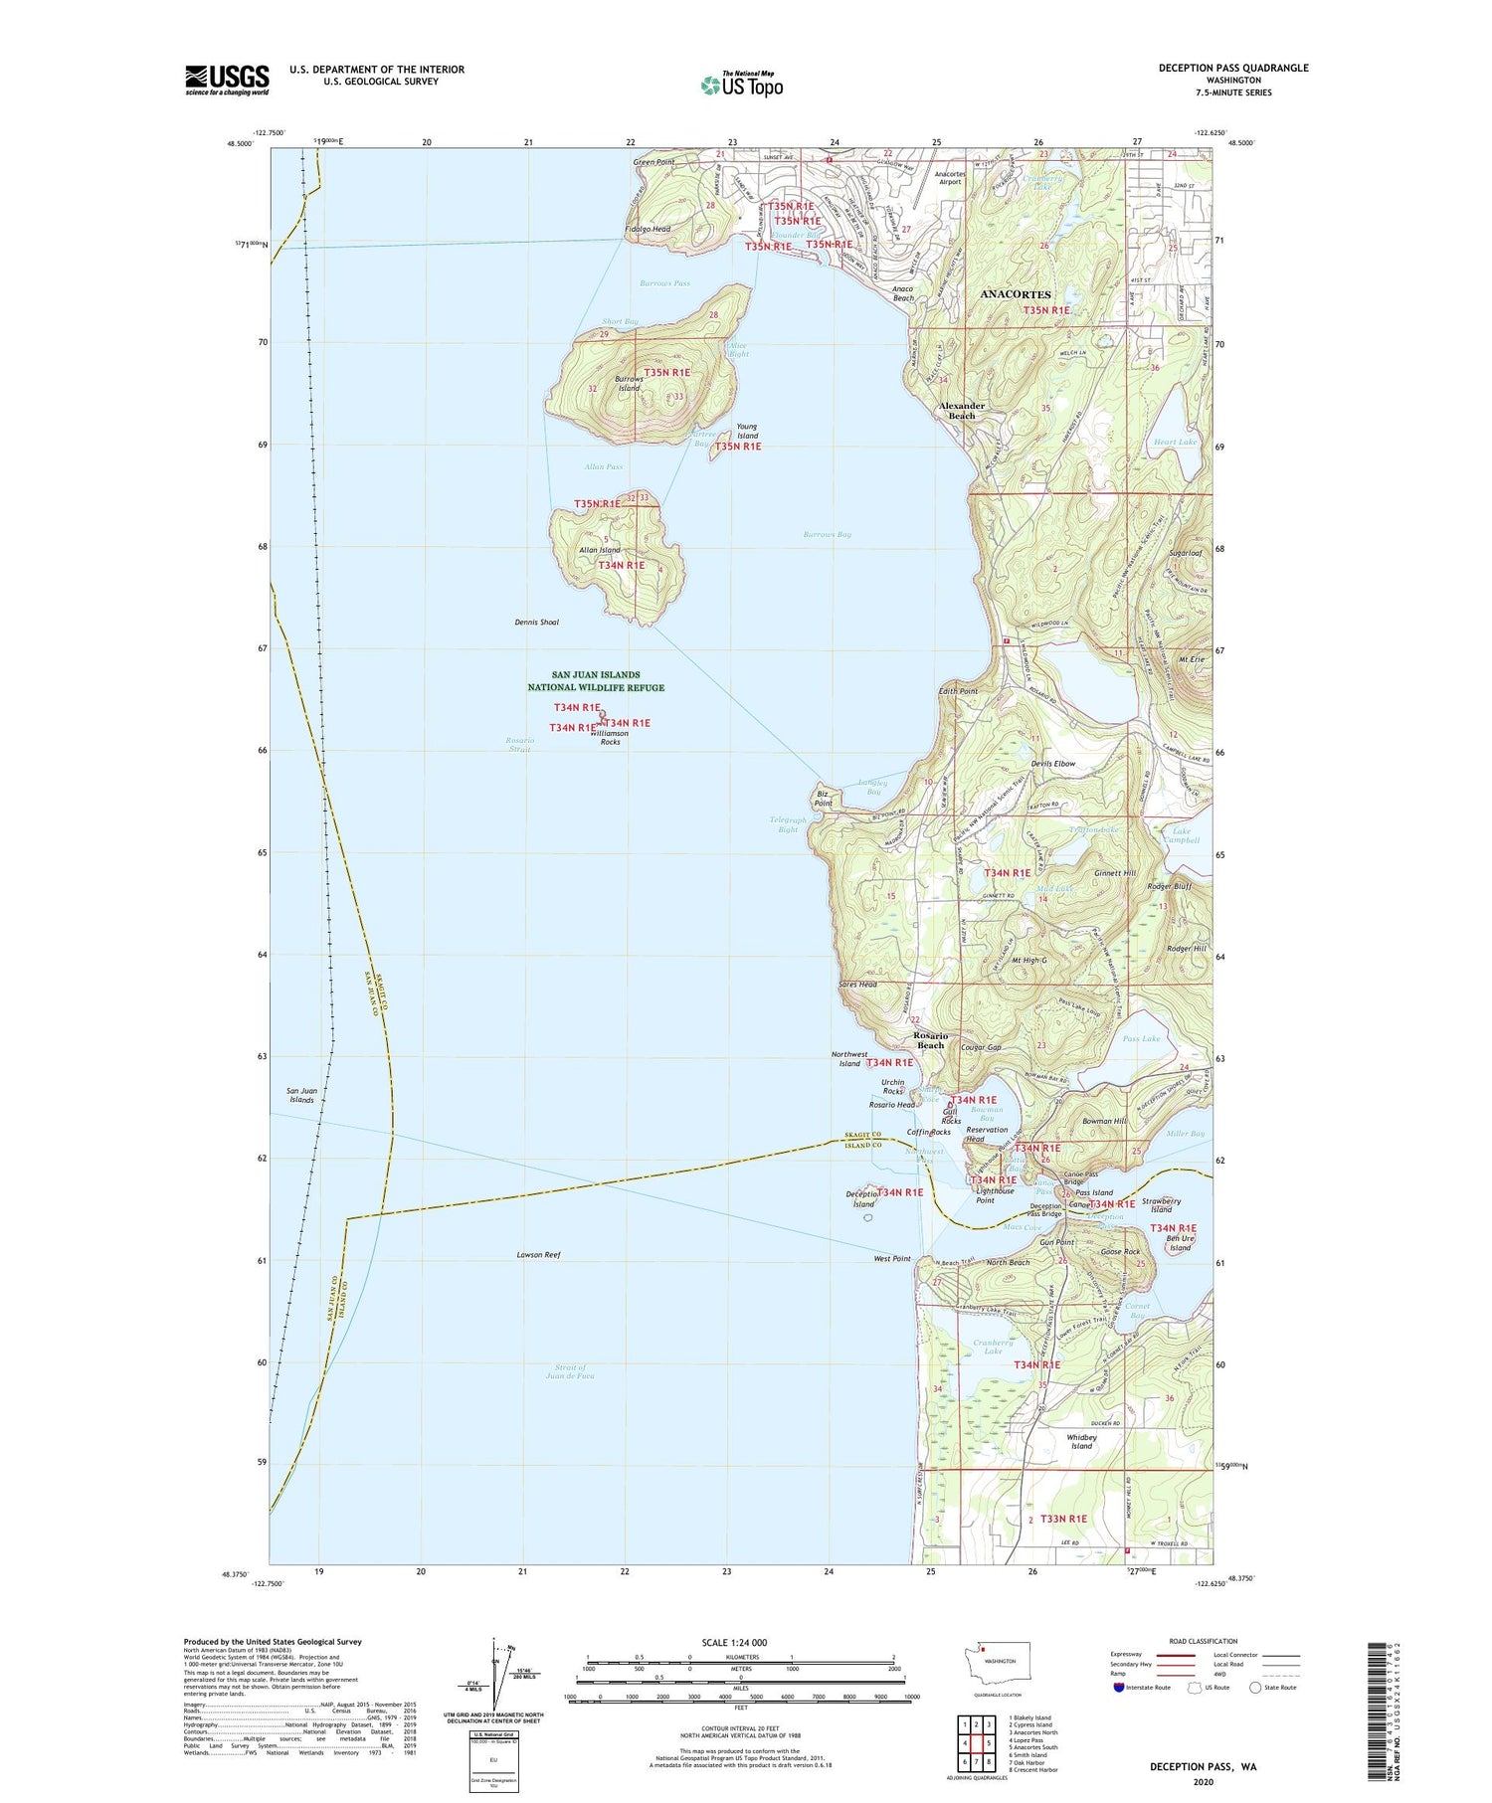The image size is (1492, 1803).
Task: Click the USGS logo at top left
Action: coord(227,80)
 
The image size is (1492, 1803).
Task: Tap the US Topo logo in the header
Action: coord(741,85)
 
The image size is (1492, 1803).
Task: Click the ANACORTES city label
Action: coord(1015,294)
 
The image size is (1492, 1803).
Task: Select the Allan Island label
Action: coord(600,550)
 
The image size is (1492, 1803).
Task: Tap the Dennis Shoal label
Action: coord(536,623)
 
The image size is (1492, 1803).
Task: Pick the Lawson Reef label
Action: coord(538,1255)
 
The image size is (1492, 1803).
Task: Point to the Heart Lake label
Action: coord(1175,442)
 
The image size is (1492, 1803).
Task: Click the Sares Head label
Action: coord(857,985)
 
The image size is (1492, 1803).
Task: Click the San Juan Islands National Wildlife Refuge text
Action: coord(596,681)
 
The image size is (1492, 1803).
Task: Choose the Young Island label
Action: coord(747,432)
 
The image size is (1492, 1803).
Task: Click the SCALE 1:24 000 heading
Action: coord(740,1642)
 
